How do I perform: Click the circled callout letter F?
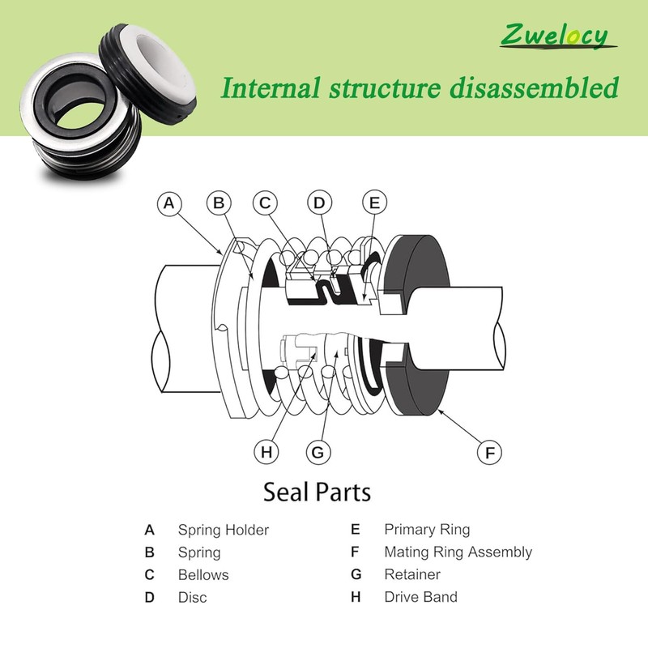(x=489, y=452)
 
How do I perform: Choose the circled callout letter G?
(x=318, y=452)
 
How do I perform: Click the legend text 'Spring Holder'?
(x=224, y=531)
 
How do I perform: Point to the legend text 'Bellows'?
(x=203, y=575)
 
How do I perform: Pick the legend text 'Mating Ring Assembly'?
(x=458, y=552)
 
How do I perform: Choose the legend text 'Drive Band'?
(x=420, y=597)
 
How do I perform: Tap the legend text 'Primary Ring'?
(x=427, y=531)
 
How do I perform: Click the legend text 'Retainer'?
(x=412, y=575)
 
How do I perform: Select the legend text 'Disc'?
(x=193, y=598)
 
